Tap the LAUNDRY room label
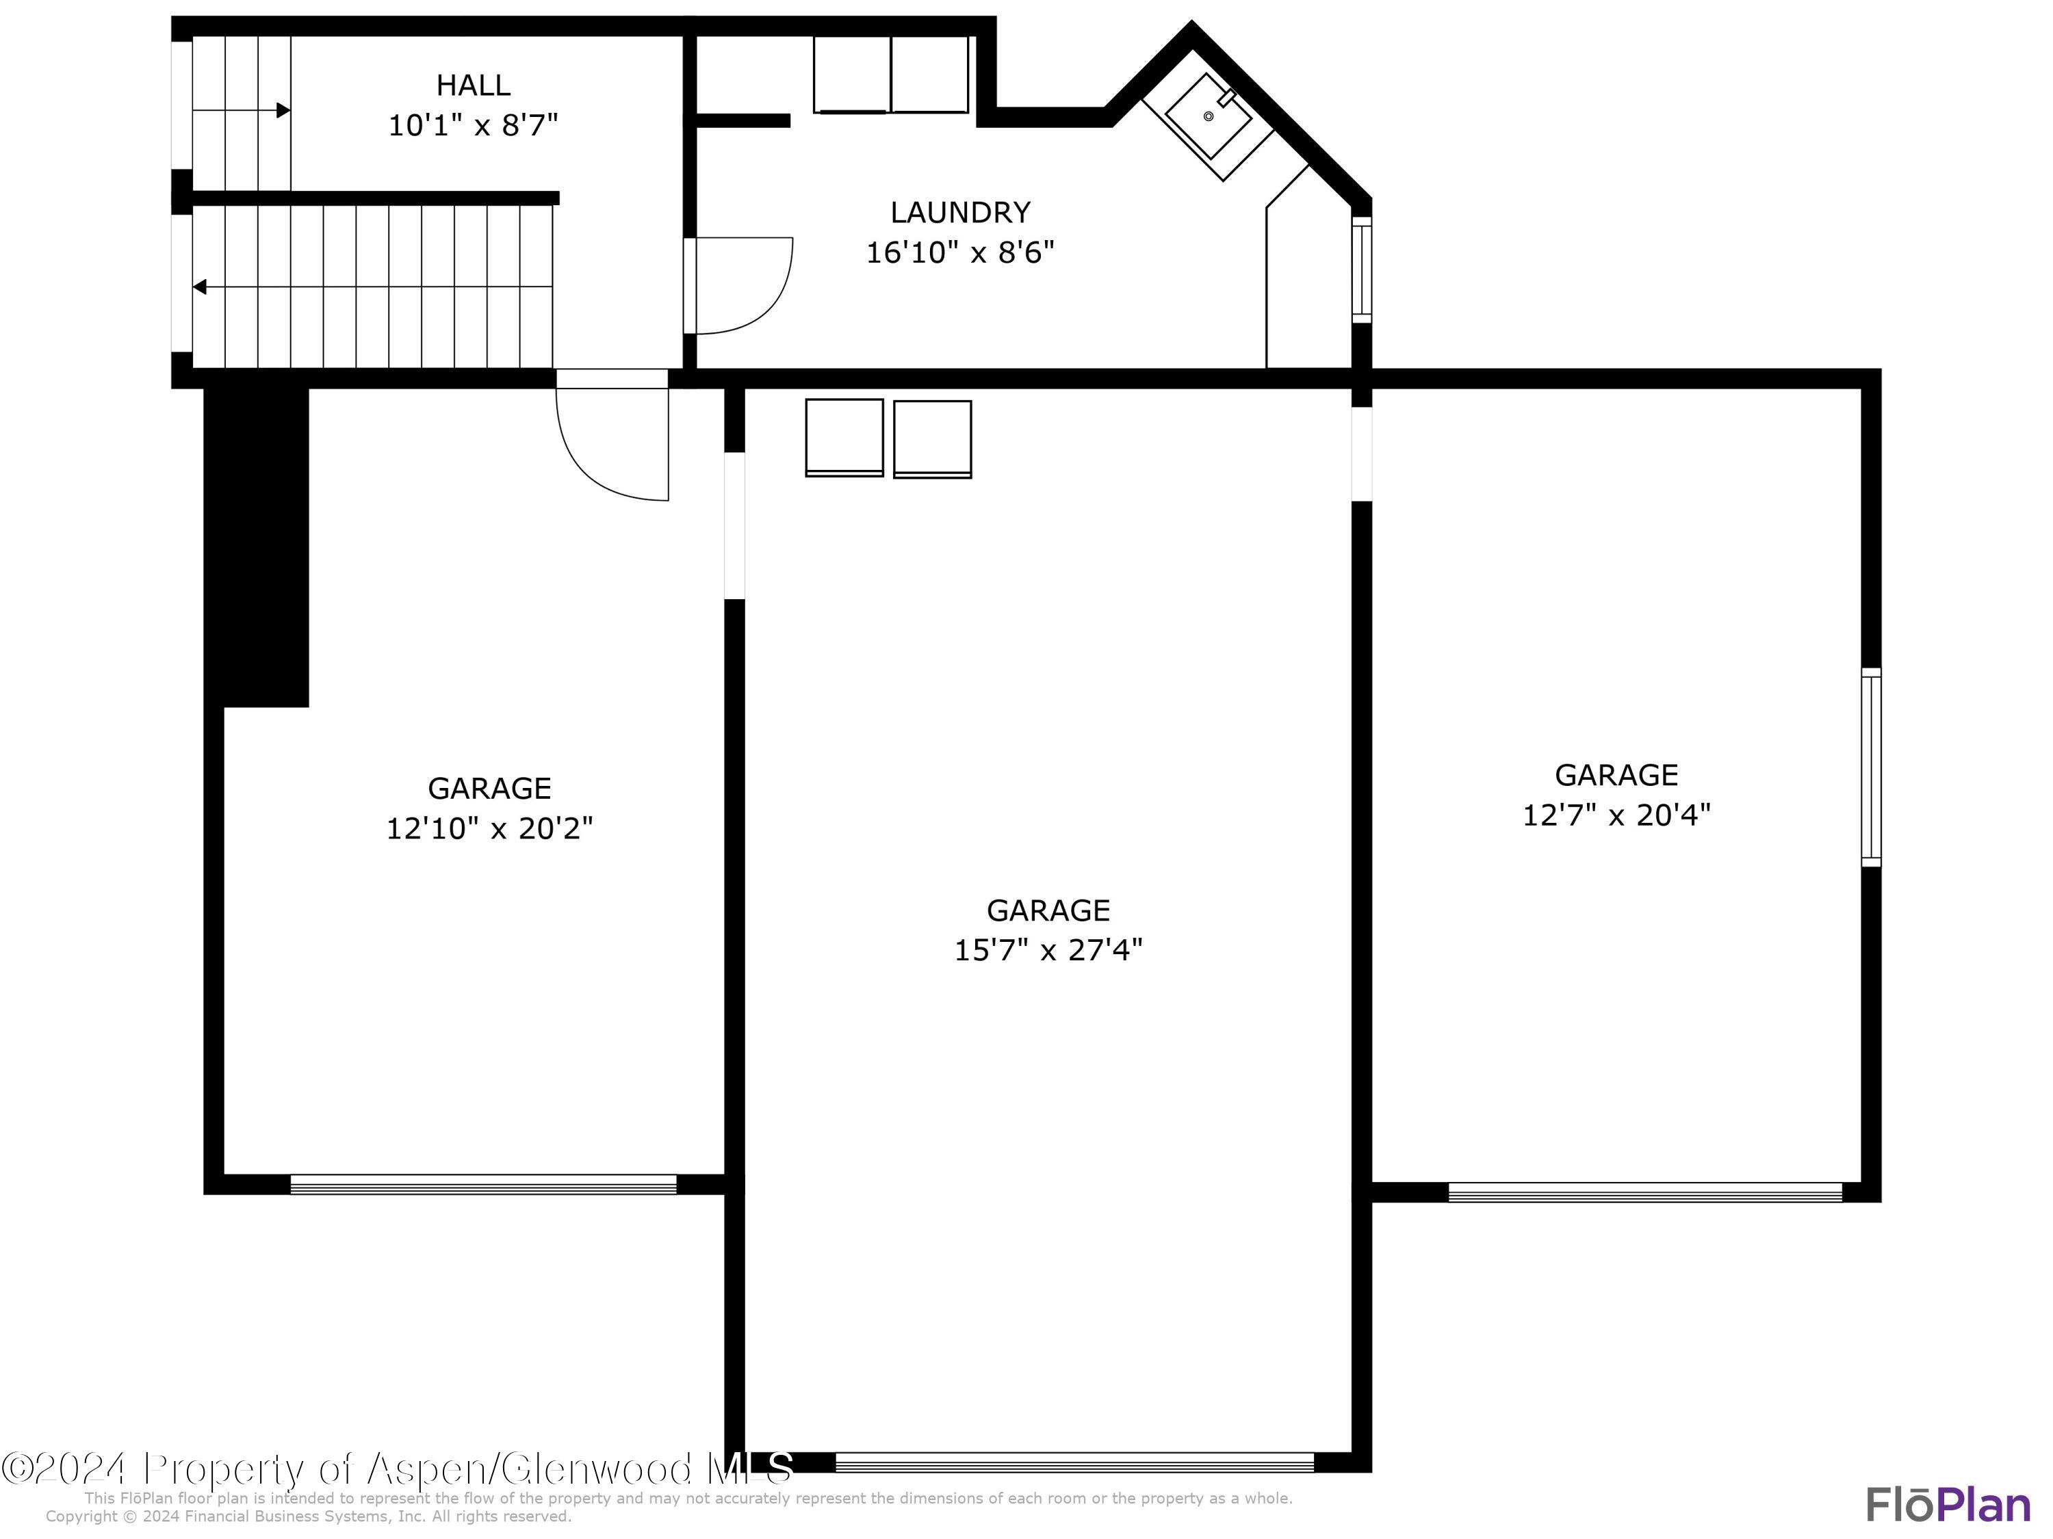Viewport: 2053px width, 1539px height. coord(959,213)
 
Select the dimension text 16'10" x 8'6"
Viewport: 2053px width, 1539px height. coord(959,252)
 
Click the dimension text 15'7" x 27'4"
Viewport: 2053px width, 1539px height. coord(1048,950)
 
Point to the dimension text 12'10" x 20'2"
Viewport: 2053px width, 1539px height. coord(489,828)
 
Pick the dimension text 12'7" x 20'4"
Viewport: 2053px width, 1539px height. coord(1616,815)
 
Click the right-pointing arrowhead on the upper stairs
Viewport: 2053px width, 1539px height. coord(283,110)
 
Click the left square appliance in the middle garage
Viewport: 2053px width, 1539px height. coord(844,438)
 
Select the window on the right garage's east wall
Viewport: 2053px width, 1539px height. coord(1871,767)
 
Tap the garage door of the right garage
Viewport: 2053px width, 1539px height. coord(1644,1192)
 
